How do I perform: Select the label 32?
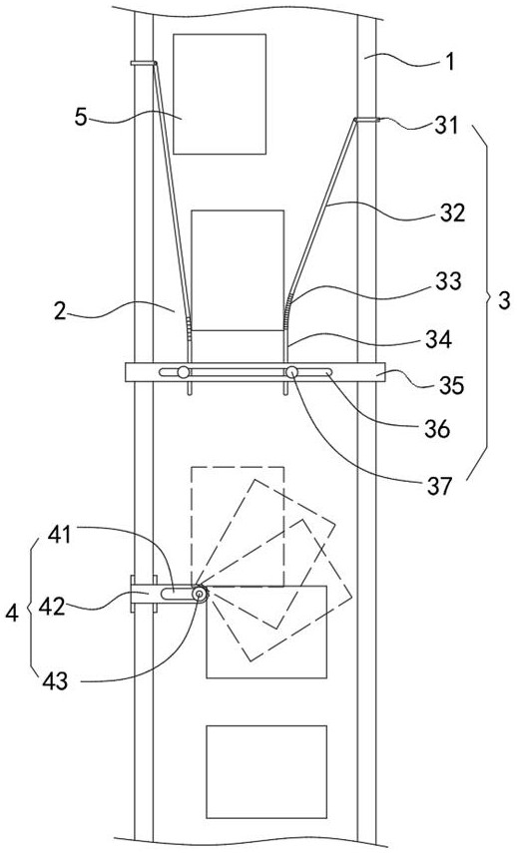(x=453, y=213)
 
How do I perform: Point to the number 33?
(x=448, y=281)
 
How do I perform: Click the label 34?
(x=439, y=340)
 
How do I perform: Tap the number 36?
(x=438, y=429)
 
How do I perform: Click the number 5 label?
(x=81, y=118)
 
